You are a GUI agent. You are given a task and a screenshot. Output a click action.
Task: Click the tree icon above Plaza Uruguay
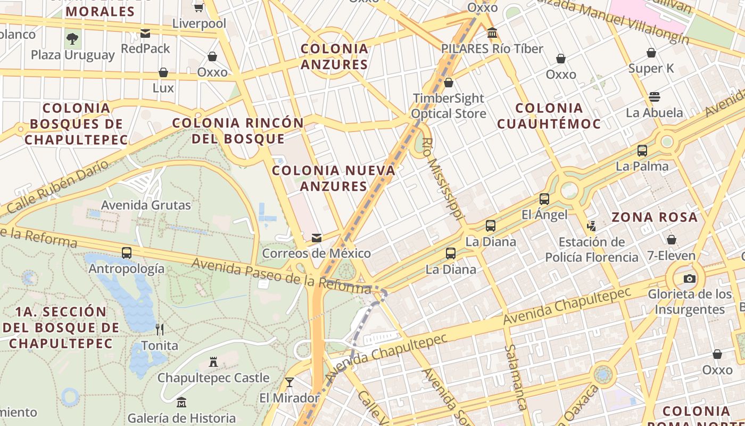[x=72, y=39]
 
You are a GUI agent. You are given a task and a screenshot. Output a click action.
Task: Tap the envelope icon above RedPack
[x=145, y=34]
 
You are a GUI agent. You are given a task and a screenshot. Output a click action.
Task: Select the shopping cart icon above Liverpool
[x=199, y=7]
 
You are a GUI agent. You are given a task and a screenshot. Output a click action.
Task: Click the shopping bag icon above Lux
[x=163, y=72]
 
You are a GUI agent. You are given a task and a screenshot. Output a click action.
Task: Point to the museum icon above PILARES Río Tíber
[x=492, y=33]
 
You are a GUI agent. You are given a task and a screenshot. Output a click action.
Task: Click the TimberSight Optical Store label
[x=449, y=106]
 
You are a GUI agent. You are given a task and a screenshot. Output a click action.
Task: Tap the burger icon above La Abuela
[x=655, y=97]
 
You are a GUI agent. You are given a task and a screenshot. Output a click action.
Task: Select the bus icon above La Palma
[x=642, y=151]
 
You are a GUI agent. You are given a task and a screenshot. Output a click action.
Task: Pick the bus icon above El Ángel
[x=544, y=199]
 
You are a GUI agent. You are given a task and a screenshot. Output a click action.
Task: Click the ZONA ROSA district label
[x=654, y=217]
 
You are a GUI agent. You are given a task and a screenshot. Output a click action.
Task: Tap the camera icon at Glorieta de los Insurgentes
[x=690, y=278]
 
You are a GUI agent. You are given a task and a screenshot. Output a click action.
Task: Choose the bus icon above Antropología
[x=127, y=253]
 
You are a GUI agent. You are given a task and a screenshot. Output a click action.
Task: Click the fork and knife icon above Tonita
[x=160, y=330]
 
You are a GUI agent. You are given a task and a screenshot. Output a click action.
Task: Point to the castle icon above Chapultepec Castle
[x=213, y=362]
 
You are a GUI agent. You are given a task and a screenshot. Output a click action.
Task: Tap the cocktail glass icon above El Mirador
[x=289, y=382]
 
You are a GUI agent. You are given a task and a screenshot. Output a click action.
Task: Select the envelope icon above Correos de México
[x=317, y=237]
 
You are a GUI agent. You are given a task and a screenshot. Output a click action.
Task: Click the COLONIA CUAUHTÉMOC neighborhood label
[x=549, y=116]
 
